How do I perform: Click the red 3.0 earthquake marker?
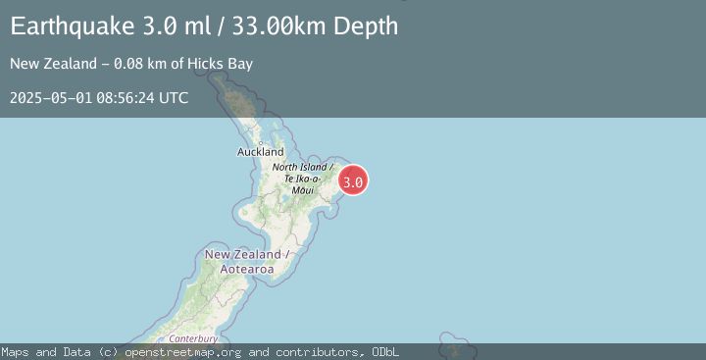click(353, 180)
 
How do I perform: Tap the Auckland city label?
click(261, 152)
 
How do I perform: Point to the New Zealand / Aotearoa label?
click(245, 261)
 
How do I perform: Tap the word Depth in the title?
click(366, 26)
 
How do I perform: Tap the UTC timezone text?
click(174, 98)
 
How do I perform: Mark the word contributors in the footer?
click(316, 352)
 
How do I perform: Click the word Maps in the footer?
click(15, 352)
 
